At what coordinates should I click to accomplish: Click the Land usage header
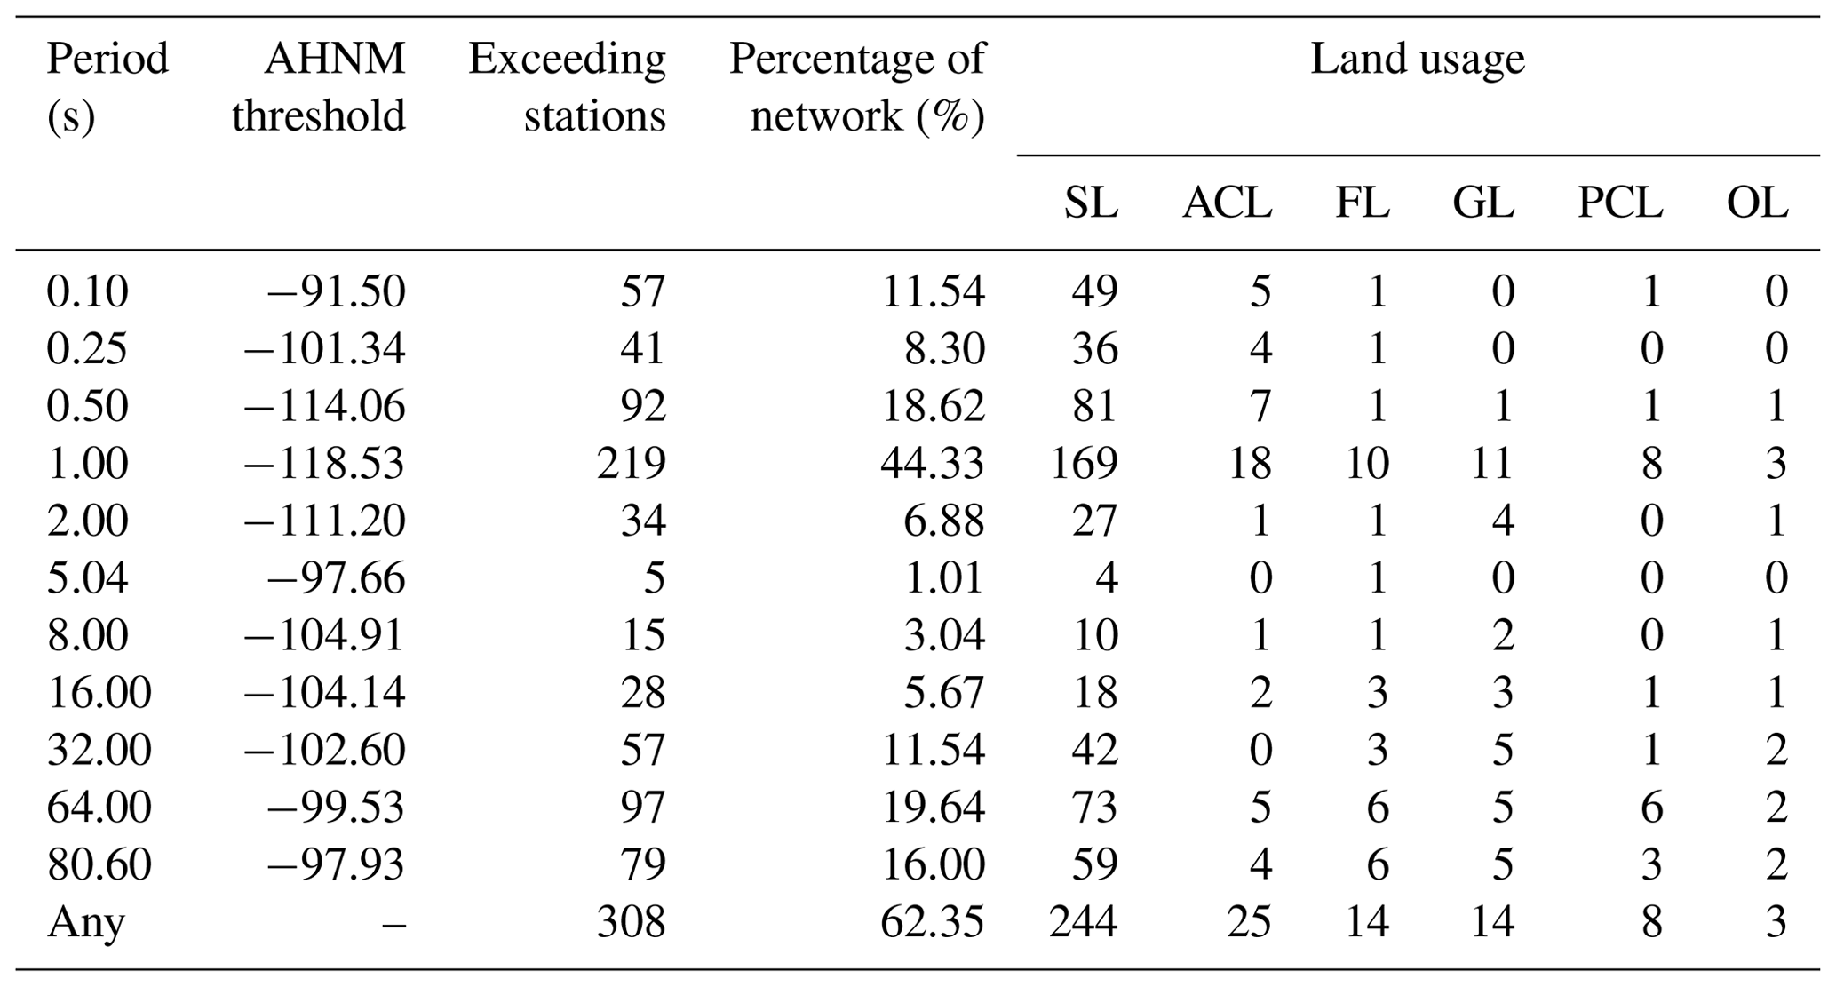1417,60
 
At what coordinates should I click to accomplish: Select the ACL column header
1227,203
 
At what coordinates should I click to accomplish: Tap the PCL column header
1619,203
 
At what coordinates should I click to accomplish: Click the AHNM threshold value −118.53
324,463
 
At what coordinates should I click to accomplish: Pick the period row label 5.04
87,577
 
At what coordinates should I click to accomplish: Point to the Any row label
85,922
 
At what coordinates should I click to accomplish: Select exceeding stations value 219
631,463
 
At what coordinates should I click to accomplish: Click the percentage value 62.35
932,922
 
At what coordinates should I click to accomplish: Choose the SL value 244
1083,922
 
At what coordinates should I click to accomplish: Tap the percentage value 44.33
932,463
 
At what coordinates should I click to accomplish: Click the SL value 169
1083,463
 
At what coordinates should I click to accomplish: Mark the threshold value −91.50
337,291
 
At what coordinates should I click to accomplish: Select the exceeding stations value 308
631,922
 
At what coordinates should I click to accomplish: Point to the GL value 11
1491,463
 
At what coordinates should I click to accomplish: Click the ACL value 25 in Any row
1249,922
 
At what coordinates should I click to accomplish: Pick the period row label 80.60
99,864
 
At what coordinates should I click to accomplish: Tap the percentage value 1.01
944,577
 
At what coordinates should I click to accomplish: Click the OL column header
1756,203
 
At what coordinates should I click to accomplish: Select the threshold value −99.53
337,808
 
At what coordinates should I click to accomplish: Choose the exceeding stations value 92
642,406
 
